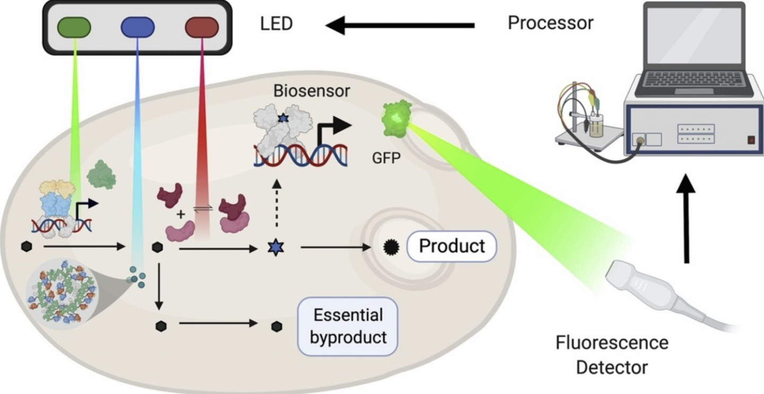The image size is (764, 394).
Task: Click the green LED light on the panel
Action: pyautogui.click(x=74, y=27)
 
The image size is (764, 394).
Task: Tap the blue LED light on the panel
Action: pyautogui.click(x=138, y=27)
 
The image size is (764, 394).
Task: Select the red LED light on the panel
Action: pyautogui.click(x=202, y=27)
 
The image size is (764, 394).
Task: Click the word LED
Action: pyautogui.click(x=276, y=24)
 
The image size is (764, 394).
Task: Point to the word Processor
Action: pyautogui.click(x=551, y=23)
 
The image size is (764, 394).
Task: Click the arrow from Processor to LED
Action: pyautogui.click(x=400, y=24)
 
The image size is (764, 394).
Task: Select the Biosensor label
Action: pyautogui.click(x=312, y=91)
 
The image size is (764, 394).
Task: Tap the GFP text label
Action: pyautogui.click(x=386, y=157)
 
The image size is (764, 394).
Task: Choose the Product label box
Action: pyautogui.click(x=452, y=246)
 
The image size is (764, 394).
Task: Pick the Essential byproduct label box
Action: pyautogui.click(x=348, y=326)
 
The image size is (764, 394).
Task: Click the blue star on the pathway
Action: pyautogui.click(x=275, y=247)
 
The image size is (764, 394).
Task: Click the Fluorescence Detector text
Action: pyautogui.click(x=612, y=354)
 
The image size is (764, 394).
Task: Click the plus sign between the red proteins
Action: pyautogui.click(x=180, y=214)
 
